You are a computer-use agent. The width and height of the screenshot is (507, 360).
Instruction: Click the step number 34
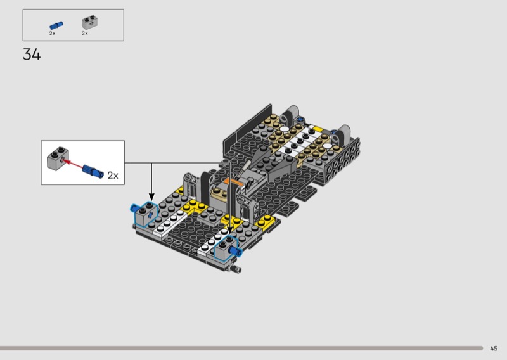click(x=32, y=55)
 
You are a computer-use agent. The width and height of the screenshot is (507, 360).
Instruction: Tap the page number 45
click(x=494, y=349)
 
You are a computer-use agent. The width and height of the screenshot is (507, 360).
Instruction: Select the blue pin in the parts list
click(x=56, y=25)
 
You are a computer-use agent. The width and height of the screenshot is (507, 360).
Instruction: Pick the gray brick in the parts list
click(x=89, y=22)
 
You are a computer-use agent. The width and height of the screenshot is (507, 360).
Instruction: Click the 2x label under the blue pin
click(x=53, y=34)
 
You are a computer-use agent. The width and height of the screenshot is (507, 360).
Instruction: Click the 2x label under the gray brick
click(x=85, y=34)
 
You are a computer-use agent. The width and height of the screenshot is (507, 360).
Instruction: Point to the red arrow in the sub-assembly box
click(x=73, y=164)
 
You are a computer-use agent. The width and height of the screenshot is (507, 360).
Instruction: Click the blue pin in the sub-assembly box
click(x=93, y=172)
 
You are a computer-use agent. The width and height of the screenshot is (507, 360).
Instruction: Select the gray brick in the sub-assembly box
click(x=58, y=158)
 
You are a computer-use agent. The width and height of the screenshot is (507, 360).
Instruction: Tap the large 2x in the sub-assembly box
click(x=113, y=176)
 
